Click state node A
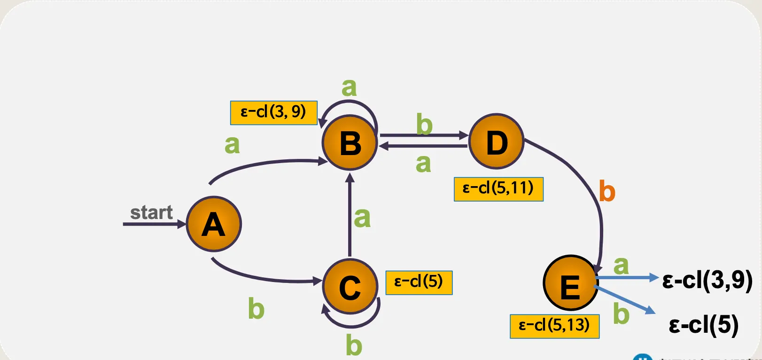[x=214, y=224]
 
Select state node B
[x=350, y=142]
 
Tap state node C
[x=350, y=286]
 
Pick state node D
[x=497, y=141]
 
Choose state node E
[x=570, y=283]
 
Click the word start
[x=151, y=212]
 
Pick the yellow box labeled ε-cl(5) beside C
[x=419, y=282]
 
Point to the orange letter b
[x=607, y=192]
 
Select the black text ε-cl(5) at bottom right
[x=703, y=325]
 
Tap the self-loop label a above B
[x=349, y=87]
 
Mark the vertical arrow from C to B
[x=350, y=216]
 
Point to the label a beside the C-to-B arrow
[x=362, y=218]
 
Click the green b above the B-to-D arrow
[x=424, y=125]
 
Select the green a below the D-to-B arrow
[x=423, y=164]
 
